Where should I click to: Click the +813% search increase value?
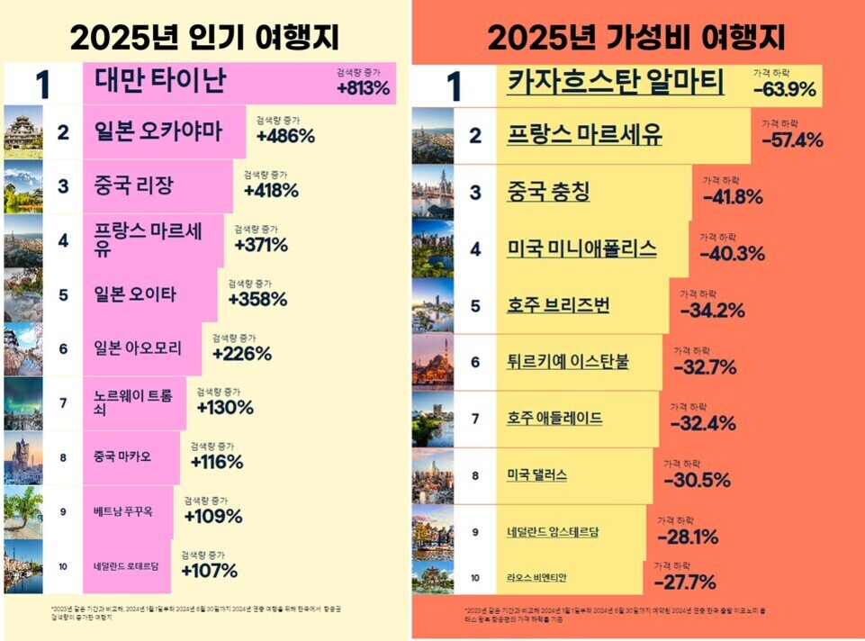364,88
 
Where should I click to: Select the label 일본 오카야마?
158,133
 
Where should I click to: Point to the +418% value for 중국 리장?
271,191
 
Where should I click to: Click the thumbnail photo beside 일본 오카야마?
23,133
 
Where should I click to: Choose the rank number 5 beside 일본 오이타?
63,294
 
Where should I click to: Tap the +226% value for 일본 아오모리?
242,354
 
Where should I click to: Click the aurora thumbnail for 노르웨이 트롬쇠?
23,402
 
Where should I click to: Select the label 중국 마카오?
122,456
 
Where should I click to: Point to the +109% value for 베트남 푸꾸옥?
213,517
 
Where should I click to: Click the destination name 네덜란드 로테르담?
126,566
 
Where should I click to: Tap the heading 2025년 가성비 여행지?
636,38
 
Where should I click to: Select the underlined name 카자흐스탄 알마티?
616,83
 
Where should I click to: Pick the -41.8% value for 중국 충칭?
733,197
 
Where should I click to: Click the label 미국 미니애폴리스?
581,248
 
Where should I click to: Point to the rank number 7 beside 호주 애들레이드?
475,419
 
